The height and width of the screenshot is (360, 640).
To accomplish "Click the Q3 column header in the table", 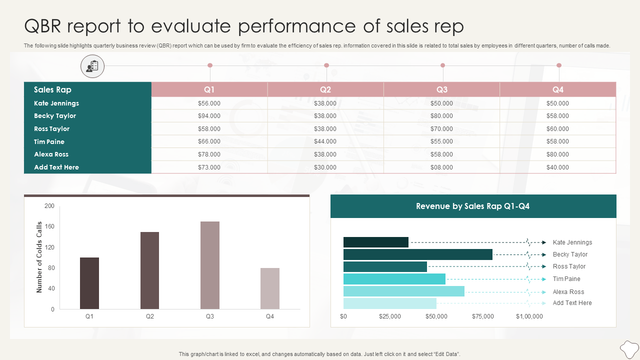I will pos(441,89).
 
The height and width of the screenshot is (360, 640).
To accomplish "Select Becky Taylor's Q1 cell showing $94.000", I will pos(209,116).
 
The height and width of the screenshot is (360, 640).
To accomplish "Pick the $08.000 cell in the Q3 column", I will pos(441,167).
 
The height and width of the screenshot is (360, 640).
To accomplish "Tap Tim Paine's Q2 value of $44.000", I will pos(325,142).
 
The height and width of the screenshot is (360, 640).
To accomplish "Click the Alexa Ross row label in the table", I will pos(51,154).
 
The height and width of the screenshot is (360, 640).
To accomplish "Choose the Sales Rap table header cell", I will pos(52,89).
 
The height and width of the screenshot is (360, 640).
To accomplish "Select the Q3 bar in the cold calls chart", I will pos(210,265).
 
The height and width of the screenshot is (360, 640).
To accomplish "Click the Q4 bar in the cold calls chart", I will pos(270,288).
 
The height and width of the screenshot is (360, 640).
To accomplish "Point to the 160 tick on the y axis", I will pos(49,226).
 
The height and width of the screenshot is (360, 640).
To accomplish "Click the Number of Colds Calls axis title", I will pos(39,257).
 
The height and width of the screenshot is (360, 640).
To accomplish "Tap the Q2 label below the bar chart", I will pos(150,316).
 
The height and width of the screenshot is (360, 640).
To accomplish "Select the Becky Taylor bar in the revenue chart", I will pos(417,254).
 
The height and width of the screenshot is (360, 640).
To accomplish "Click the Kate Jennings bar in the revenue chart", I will pos(375,242).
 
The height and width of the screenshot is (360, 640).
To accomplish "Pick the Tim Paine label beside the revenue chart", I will pos(566,279).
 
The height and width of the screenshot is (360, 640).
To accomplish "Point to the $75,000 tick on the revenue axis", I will pos(483,316).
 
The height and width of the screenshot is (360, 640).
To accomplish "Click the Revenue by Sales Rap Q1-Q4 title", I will pos(472,206).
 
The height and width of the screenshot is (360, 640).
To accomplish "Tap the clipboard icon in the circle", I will pos(92,66).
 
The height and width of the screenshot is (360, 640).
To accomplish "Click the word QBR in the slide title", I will pos(44,26).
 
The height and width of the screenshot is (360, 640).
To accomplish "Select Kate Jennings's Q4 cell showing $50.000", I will pos(557,103).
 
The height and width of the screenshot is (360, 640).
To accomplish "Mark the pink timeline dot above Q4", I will pos(559,65).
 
